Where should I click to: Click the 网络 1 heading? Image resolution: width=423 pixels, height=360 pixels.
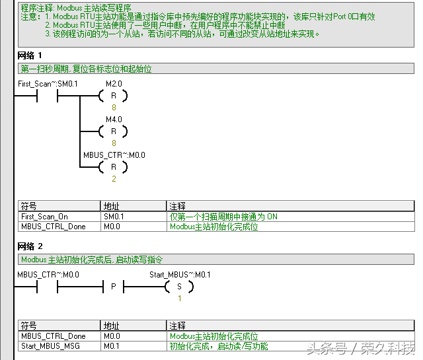pos(30,55)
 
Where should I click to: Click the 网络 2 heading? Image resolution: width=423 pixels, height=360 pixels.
pos(30,247)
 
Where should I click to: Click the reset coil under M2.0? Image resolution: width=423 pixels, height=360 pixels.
pos(113,96)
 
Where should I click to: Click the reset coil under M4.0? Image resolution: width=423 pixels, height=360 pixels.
pos(113,131)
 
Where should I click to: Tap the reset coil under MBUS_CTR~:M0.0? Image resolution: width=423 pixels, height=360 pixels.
pos(113,166)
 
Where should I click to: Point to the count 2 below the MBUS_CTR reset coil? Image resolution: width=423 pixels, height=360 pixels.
pos(113,178)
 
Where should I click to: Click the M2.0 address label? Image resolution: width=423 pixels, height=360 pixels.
pos(114,84)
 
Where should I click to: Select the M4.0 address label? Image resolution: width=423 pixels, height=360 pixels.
pos(114,119)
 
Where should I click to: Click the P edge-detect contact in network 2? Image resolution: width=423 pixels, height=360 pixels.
pos(113,287)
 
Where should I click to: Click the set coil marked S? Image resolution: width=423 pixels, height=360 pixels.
pos(178,287)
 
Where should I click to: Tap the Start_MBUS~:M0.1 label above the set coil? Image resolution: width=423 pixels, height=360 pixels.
pos(180,275)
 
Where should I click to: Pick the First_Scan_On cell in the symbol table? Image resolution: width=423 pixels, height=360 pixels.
pos(44,216)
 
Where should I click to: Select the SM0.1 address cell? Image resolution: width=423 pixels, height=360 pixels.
pos(114,216)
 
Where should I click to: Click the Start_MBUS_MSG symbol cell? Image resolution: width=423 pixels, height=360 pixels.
pos(48,345)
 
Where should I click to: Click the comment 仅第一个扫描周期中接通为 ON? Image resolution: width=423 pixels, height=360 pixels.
pos(223,216)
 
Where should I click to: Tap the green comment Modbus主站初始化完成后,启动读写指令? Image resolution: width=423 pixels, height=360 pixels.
pos(91,260)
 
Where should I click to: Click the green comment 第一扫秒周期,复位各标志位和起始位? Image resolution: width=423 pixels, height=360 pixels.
pos(91,68)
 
